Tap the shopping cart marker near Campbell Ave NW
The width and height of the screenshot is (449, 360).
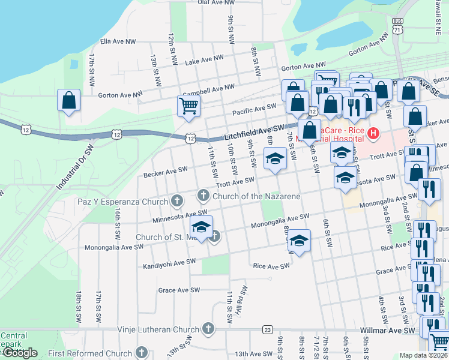click(188, 106)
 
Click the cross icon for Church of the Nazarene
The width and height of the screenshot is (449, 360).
click(203, 195)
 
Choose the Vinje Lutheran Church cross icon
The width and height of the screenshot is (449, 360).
click(208, 329)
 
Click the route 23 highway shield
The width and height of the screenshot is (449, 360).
click(267, 329)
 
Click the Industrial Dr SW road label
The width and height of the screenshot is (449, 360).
click(76, 170)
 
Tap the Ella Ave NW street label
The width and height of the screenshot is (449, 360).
click(118, 41)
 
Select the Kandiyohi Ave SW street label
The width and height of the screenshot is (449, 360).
click(169, 263)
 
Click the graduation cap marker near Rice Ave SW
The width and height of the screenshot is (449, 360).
click(299, 240)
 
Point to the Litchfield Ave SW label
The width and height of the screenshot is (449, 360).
click(254, 132)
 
